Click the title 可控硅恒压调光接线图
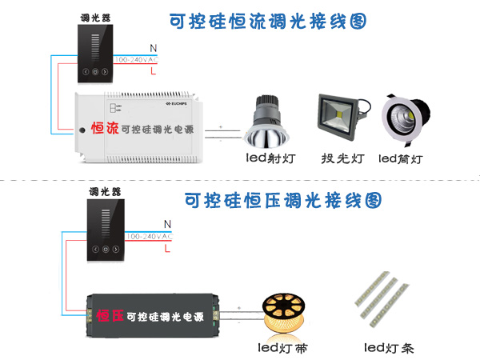click(x=282, y=200)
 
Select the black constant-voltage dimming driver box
click(x=154, y=314)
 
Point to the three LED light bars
click(x=385, y=302)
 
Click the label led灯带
click(x=284, y=347)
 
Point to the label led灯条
click(x=388, y=347)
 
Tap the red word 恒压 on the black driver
click(x=111, y=316)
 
